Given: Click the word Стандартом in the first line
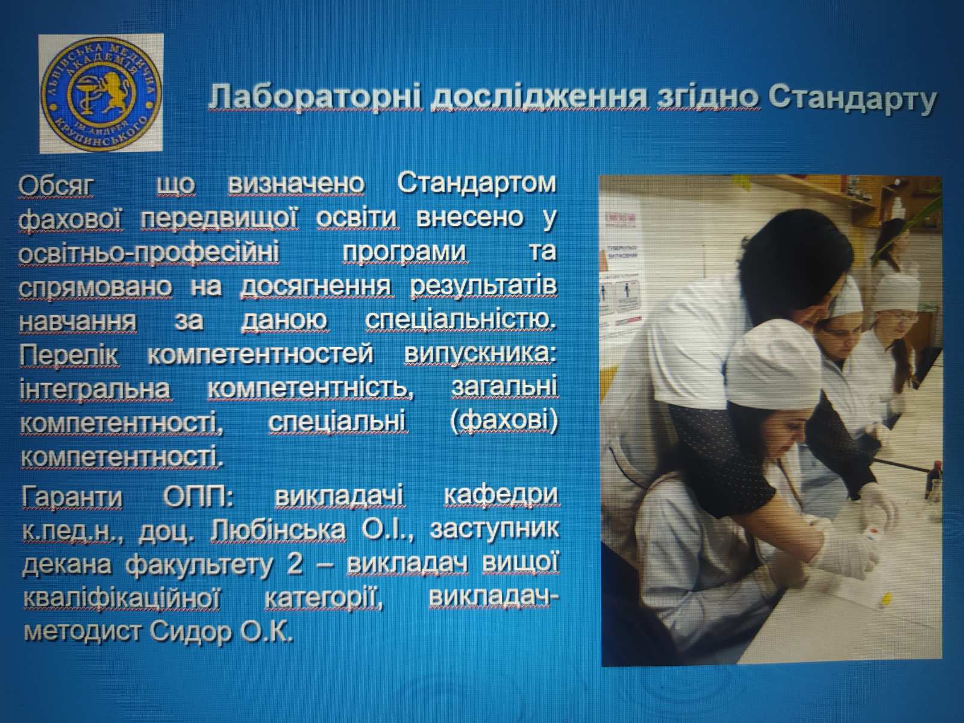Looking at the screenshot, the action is (x=477, y=183).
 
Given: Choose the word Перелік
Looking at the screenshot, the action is (x=69, y=355).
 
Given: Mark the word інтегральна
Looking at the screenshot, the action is (x=95, y=389).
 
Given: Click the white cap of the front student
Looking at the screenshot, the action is (x=774, y=364).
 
